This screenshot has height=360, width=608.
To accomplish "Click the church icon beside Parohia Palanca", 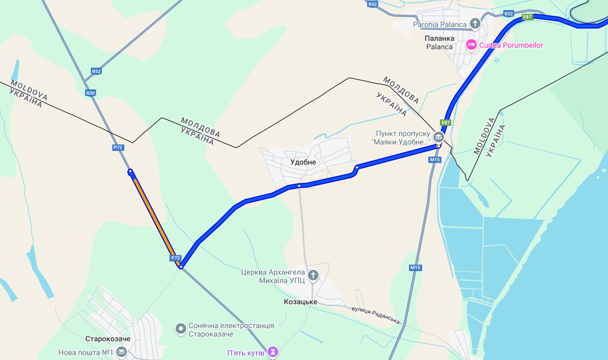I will click(475, 23).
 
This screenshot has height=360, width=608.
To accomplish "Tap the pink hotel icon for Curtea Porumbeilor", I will click(471, 45).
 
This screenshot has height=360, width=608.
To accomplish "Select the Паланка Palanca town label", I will click(439, 42).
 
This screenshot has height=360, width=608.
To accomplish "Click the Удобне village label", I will click(303, 162).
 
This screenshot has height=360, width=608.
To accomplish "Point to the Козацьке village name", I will click(300, 302).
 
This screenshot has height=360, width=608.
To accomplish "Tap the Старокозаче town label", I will click(108, 339).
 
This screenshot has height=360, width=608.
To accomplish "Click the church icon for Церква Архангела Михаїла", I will click(313, 276).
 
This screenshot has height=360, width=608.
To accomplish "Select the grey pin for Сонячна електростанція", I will click(181, 329).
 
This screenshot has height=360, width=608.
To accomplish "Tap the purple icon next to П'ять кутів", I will click(273, 352).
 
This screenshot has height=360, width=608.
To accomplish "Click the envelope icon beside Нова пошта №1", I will click(122, 352).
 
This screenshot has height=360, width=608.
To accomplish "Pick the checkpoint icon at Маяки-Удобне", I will click(439, 137).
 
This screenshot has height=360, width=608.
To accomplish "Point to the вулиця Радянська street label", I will click(376, 315).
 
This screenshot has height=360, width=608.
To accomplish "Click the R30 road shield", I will click(91, 93).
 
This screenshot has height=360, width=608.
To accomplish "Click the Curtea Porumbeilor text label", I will click(511, 45).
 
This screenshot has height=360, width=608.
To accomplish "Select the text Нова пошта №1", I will click(86, 352).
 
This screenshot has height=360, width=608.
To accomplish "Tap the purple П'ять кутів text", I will click(246, 352).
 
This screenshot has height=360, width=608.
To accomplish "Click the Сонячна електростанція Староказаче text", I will click(231, 330).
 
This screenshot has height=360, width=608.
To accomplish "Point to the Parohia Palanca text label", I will click(440, 24).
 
